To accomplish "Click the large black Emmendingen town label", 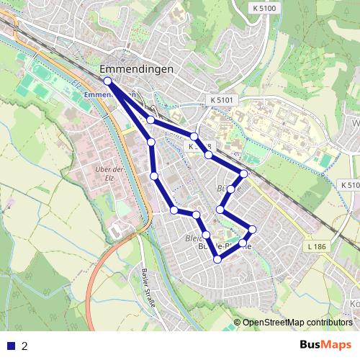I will tap(137, 70).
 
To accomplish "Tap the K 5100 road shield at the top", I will tap(264, 7).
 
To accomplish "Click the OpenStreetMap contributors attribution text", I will tap(297, 323).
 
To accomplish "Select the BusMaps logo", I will tap(326, 345).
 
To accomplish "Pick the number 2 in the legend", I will tap(24, 346).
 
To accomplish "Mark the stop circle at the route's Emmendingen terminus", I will tap(107, 81).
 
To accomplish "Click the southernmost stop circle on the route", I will tap(217, 259).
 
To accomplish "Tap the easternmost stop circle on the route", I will tap(252, 230).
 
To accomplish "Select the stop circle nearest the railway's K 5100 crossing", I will tap(244, 174).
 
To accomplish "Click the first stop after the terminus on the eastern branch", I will tap(150, 120).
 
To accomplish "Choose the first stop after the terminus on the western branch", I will tap(151, 142).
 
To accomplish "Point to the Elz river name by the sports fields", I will tap(75, 84).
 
